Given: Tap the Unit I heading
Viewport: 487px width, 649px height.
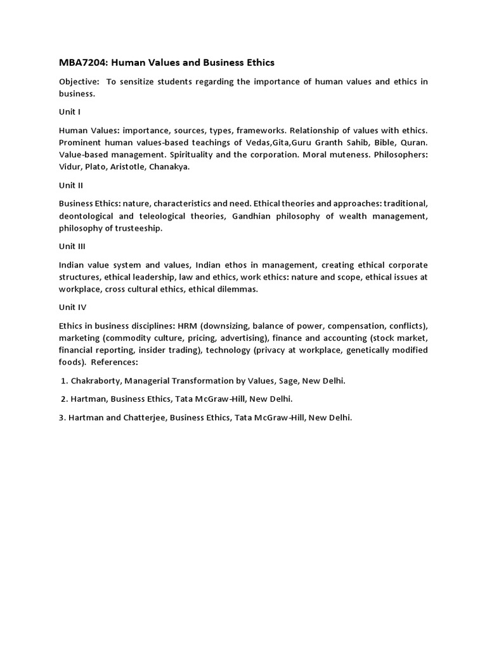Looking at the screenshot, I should coord(70,112).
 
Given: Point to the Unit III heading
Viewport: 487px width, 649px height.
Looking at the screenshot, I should coord(72,246).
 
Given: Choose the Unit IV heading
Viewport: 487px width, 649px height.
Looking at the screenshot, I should coord(72,307).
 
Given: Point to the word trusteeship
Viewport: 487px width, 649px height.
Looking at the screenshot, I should coord(138,228).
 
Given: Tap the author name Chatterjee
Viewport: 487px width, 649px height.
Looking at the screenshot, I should coord(140,418).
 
